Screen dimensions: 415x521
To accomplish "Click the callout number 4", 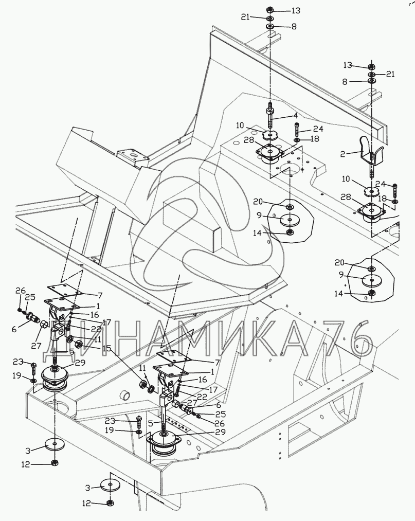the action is (x=295, y=115).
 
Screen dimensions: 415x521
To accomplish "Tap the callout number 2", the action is (x=343, y=153).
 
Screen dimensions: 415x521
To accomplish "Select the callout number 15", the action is (x=106, y=349).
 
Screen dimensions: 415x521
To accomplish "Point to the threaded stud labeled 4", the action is (x=270, y=117).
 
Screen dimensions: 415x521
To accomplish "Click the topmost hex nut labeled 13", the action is (x=270, y=9).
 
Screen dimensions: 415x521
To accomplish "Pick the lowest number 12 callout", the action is (x=86, y=504).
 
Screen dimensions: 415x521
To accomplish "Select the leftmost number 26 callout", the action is (x=20, y=291).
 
